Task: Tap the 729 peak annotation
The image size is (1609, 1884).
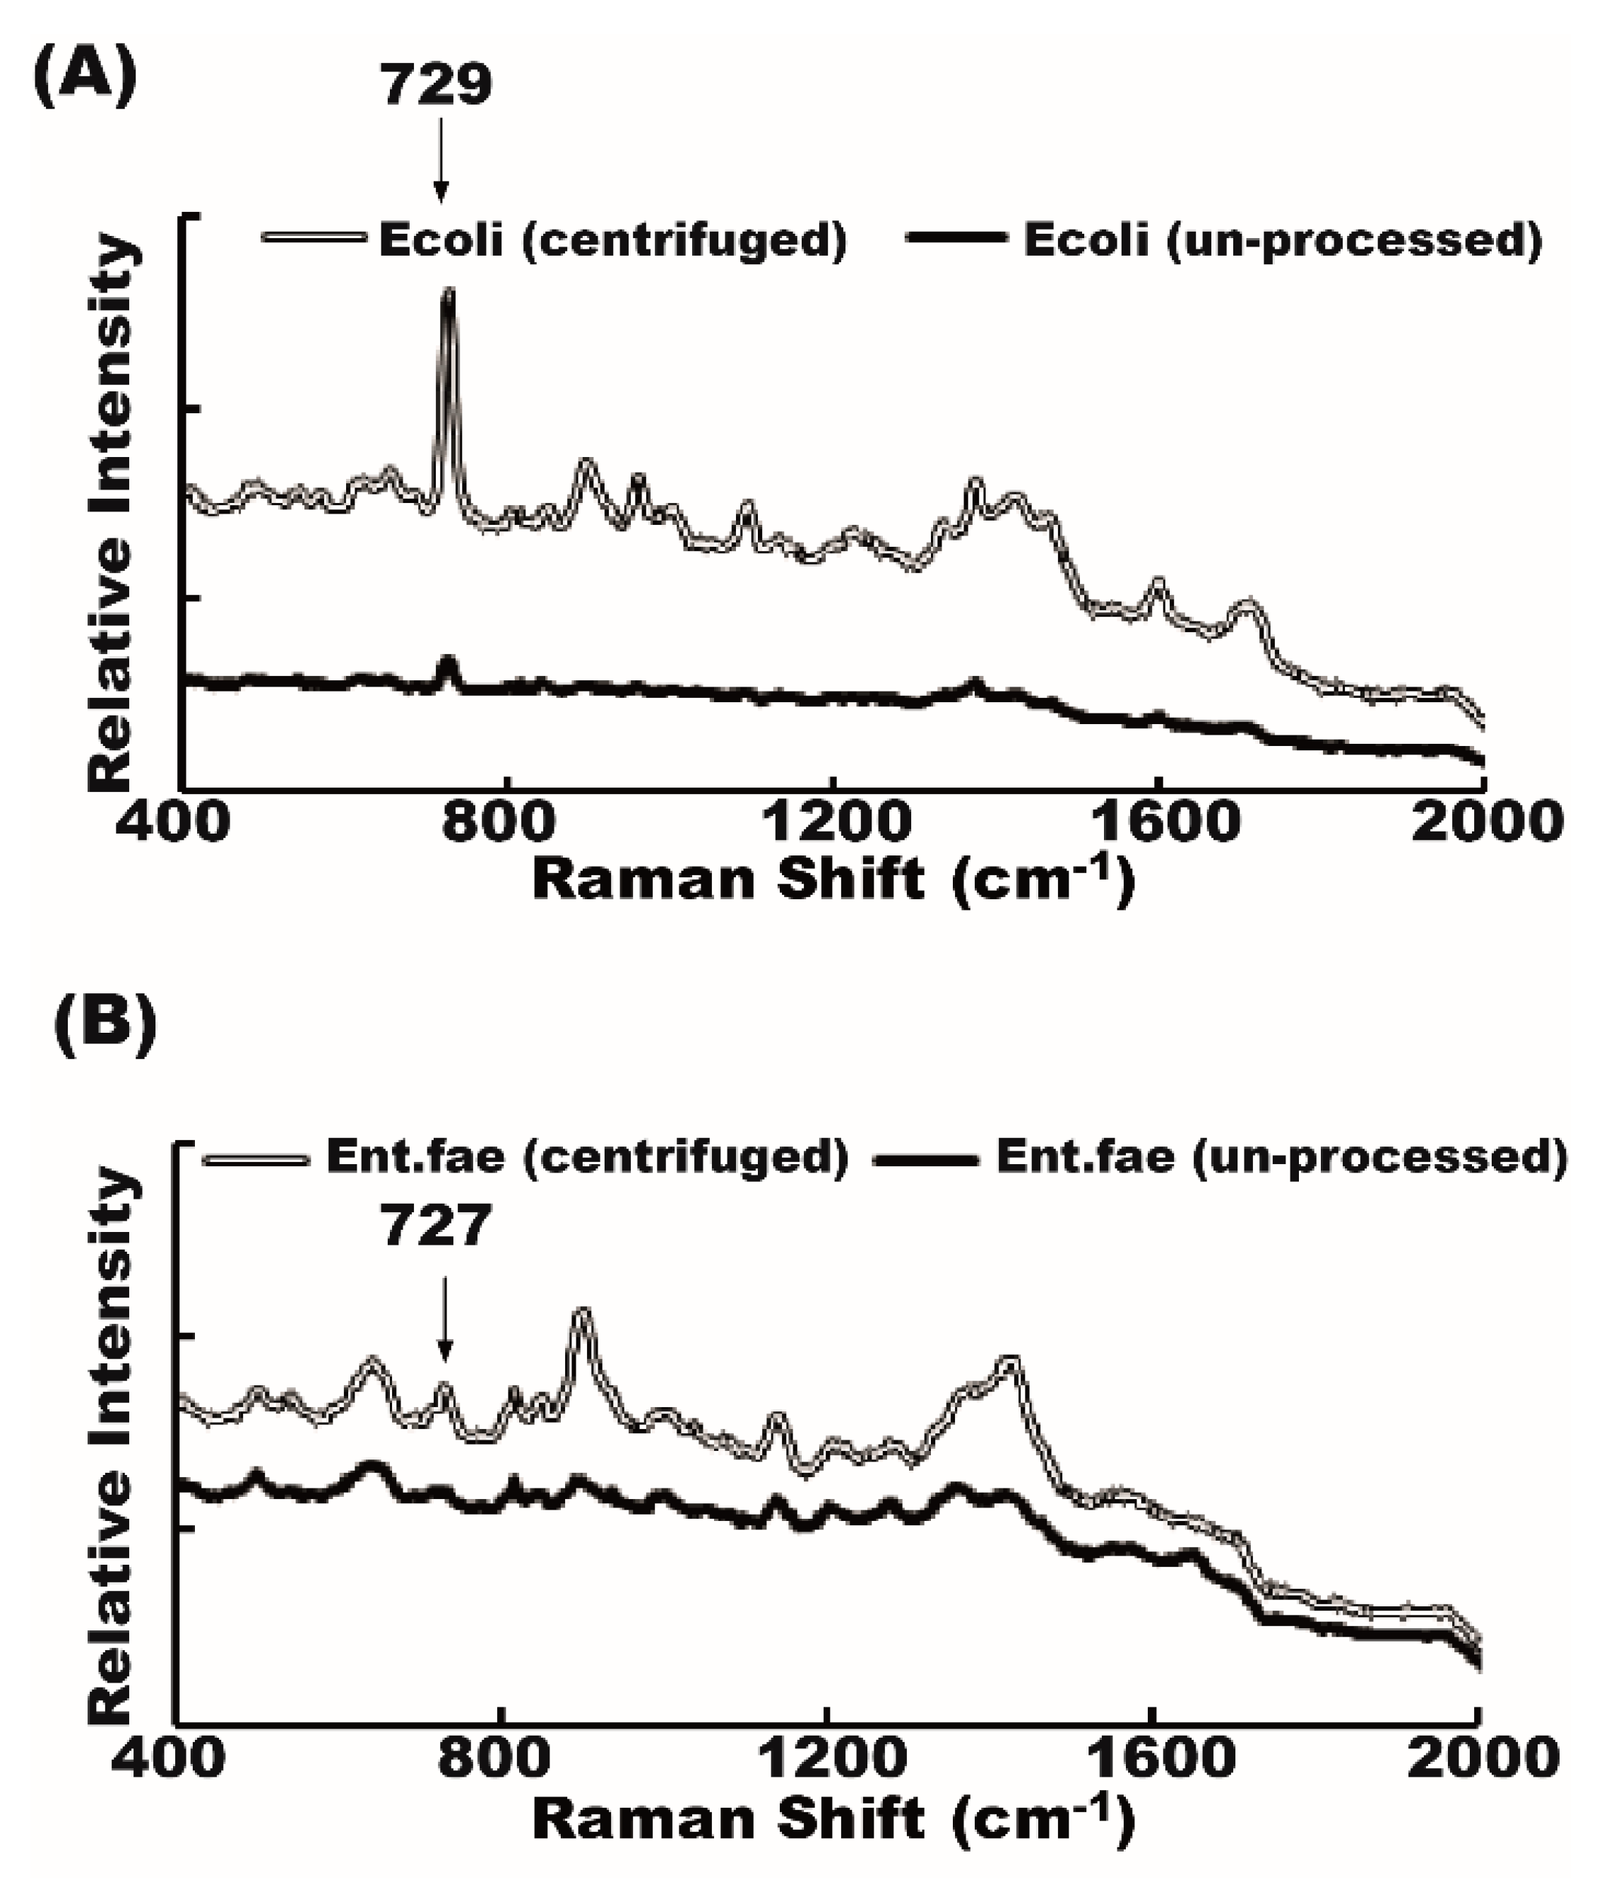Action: pos(437,85)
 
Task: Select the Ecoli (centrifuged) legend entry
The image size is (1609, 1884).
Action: pos(554,240)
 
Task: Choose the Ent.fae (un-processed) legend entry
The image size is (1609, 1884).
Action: pos(1218,1156)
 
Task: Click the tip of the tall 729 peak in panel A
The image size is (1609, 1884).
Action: pos(448,291)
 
